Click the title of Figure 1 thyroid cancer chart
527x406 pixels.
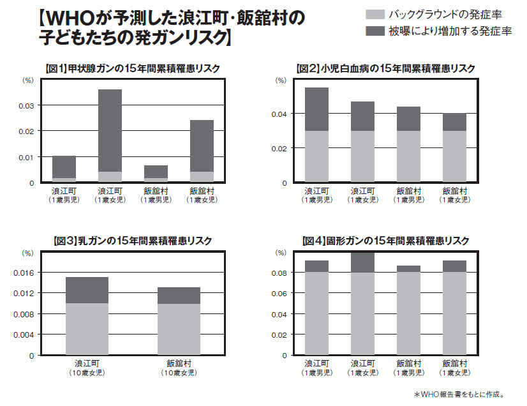pos(134,68)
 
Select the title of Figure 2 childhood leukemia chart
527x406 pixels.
pos(385,68)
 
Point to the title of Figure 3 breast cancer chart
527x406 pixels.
pos(134,241)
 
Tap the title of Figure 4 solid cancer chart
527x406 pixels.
pos(385,241)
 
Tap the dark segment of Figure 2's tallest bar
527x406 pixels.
pos(316,109)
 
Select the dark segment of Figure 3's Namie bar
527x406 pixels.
pos(87,290)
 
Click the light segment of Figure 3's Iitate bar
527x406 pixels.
pos(179,329)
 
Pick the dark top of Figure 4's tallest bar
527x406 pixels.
pos(362,262)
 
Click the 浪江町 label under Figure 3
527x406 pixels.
pos(87,363)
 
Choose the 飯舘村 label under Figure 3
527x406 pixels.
pos(179,363)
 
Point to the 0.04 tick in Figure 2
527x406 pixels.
pos(280,114)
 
